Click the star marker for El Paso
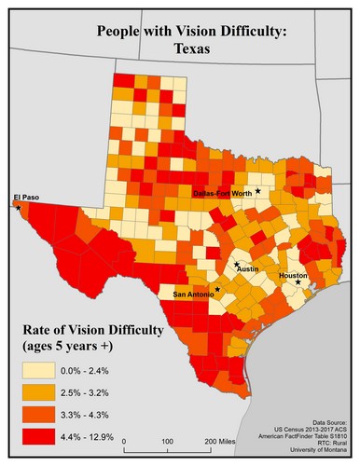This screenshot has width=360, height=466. click(x=18, y=208)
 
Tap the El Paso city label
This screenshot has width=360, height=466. click(x=27, y=197)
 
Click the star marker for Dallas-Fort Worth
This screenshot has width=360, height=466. click(x=258, y=190)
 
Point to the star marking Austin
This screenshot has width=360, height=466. click(x=237, y=267)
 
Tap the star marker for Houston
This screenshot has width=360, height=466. click(x=298, y=282)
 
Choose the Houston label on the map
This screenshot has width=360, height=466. click(x=292, y=275)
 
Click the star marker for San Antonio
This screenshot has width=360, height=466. click(x=216, y=290)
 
